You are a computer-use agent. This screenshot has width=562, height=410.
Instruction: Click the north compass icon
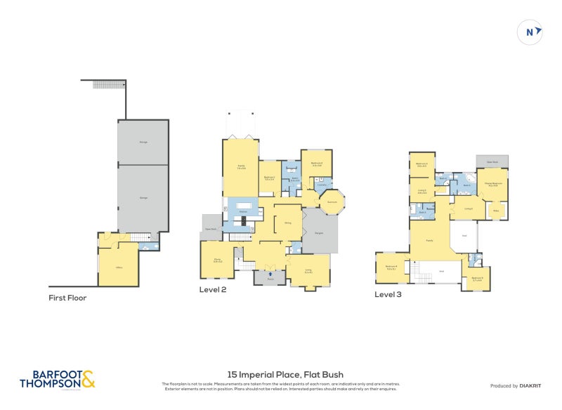pyautogui.click(x=531, y=32)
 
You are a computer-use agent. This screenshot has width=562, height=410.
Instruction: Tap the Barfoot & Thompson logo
pyautogui.click(x=57, y=380)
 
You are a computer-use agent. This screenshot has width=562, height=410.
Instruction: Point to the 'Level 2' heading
pyautogui.click(x=213, y=289)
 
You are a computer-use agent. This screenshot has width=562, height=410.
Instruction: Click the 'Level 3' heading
pyautogui.click(x=388, y=294)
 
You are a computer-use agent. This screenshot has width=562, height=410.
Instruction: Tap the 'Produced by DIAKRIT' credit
pyautogui.click(x=514, y=385)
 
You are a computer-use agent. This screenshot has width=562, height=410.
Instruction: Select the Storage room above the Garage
pyautogui.click(x=143, y=142)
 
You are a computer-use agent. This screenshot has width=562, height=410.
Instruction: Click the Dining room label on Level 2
pyautogui.click(x=287, y=223)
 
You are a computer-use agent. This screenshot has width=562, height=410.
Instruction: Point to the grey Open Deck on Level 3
pyautogui.click(x=492, y=161)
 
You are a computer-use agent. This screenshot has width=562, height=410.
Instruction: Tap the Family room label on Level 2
pyautogui.click(x=241, y=168)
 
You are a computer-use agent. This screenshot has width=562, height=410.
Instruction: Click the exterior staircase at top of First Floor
pyautogui.click(x=108, y=84)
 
